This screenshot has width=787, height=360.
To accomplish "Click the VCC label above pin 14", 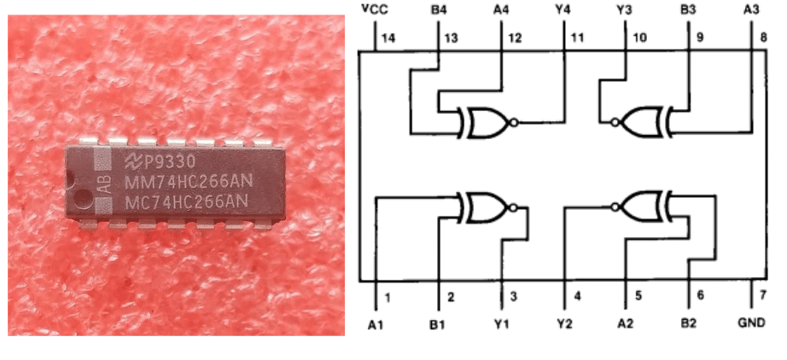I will [x=374, y=9].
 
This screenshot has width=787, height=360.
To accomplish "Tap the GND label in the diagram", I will [x=752, y=325].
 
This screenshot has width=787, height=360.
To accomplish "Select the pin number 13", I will [x=449, y=38].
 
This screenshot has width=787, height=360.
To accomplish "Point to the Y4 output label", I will [x=563, y=9].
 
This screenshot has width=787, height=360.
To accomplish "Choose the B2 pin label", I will [x=689, y=325].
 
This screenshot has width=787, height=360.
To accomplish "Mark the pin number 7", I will [x=763, y=295].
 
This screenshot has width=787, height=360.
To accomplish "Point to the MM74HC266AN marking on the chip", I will [x=186, y=182].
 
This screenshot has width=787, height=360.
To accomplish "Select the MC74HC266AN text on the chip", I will [x=186, y=201].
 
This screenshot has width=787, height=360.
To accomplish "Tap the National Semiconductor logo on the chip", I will [x=134, y=162].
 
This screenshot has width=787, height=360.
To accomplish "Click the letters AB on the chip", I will [x=103, y=182].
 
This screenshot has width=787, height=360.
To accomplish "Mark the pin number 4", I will [x=577, y=295].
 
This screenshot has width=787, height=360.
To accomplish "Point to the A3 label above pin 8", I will [x=752, y=9].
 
